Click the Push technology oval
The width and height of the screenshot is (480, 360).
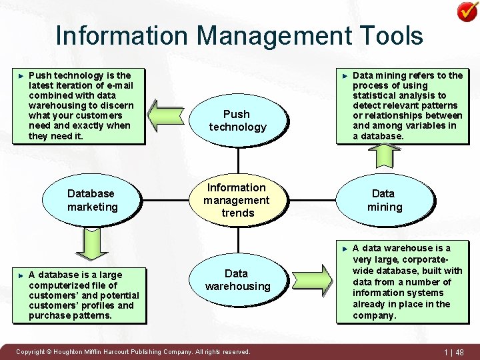237,121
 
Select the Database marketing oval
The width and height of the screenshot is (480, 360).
92,200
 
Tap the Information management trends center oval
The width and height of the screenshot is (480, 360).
237,200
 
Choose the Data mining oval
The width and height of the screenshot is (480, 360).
384,200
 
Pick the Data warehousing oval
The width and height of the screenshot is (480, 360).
237,280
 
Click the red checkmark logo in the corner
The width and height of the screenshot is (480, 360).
466,11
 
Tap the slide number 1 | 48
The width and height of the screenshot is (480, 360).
454,352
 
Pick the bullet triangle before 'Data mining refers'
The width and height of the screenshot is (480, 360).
344,76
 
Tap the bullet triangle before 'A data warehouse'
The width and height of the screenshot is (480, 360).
344,249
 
